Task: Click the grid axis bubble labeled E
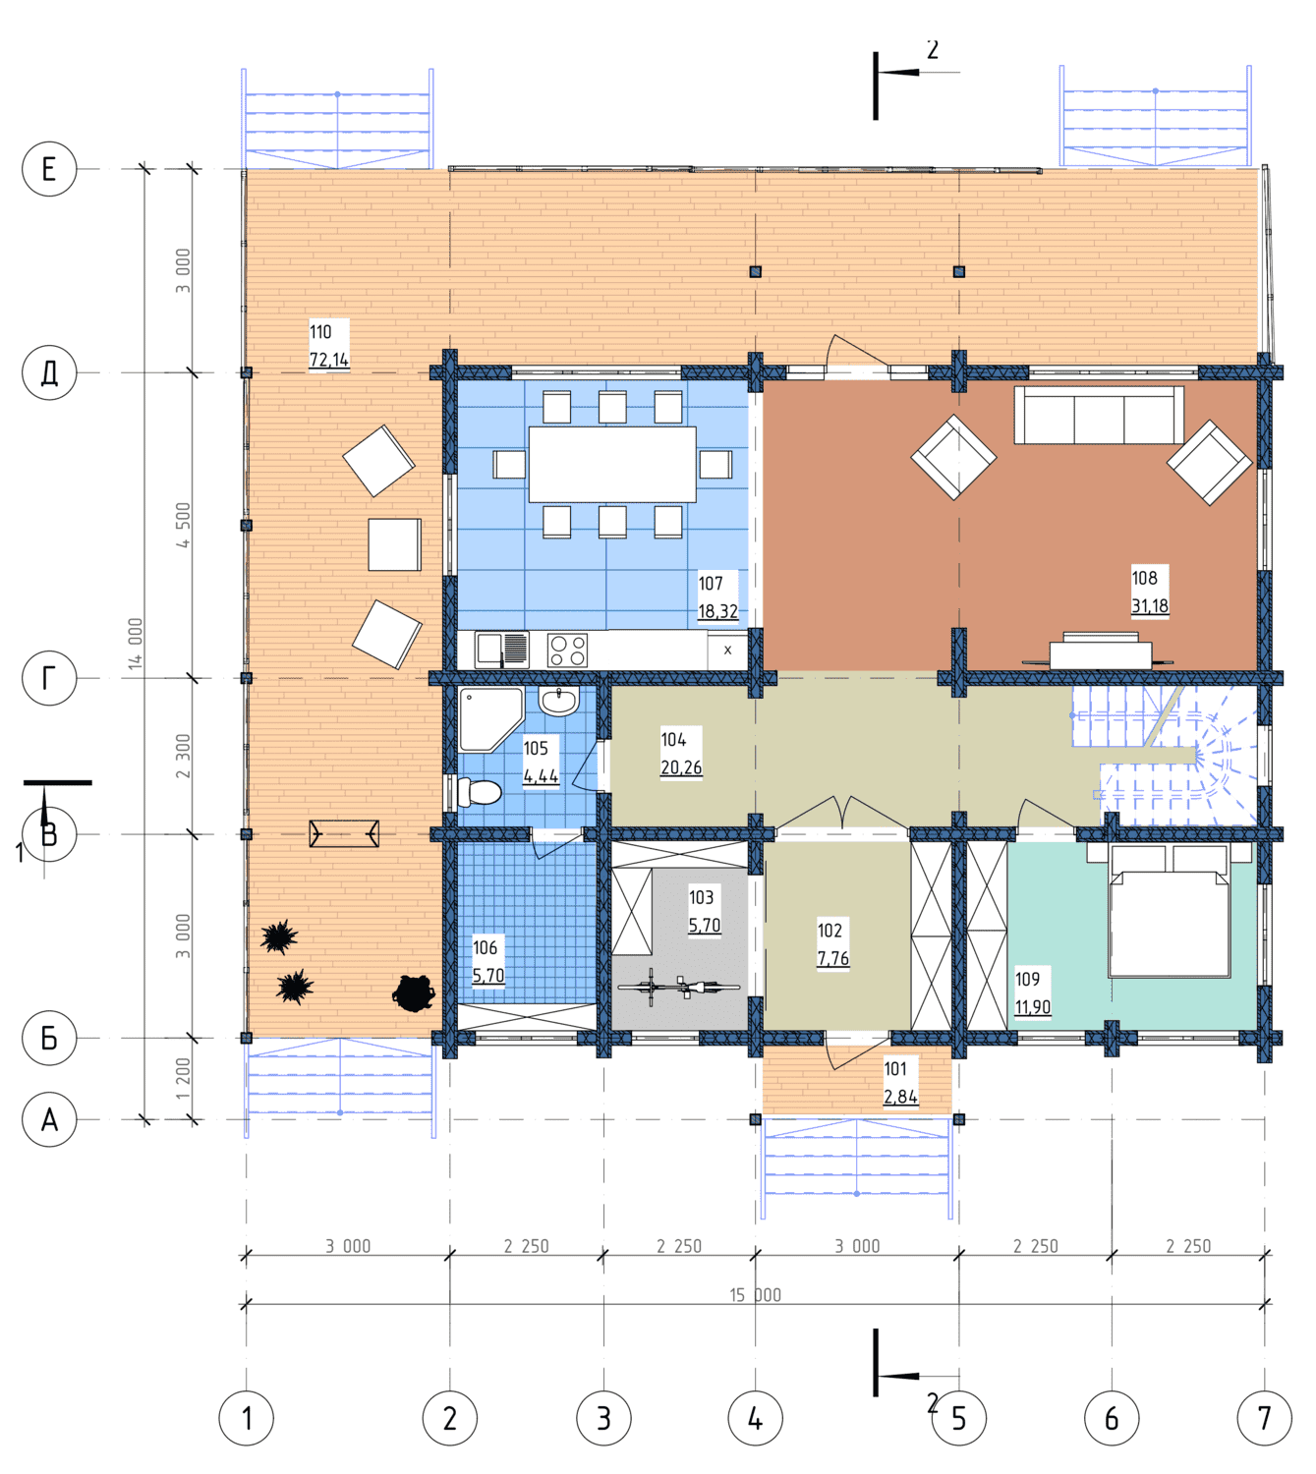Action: tap(49, 169)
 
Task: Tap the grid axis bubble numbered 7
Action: tap(1264, 1418)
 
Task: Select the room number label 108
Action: tap(1143, 578)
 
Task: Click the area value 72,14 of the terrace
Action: tap(329, 360)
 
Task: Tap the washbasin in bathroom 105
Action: tap(559, 702)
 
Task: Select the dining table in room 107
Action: tap(612, 464)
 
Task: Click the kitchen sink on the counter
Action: tap(501, 649)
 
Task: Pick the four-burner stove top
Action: tap(568, 650)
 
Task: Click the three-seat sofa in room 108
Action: tap(1099, 415)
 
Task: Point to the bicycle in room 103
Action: tap(678, 987)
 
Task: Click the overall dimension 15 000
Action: tap(755, 1295)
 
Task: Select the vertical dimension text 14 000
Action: tap(136, 643)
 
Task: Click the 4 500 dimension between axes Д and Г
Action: tap(183, 525)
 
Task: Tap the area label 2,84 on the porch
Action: tap(900, 1097)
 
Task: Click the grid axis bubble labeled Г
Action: tap(49, 678)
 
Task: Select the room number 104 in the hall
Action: tap(673, 739)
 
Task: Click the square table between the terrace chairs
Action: tap(394, 544)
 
